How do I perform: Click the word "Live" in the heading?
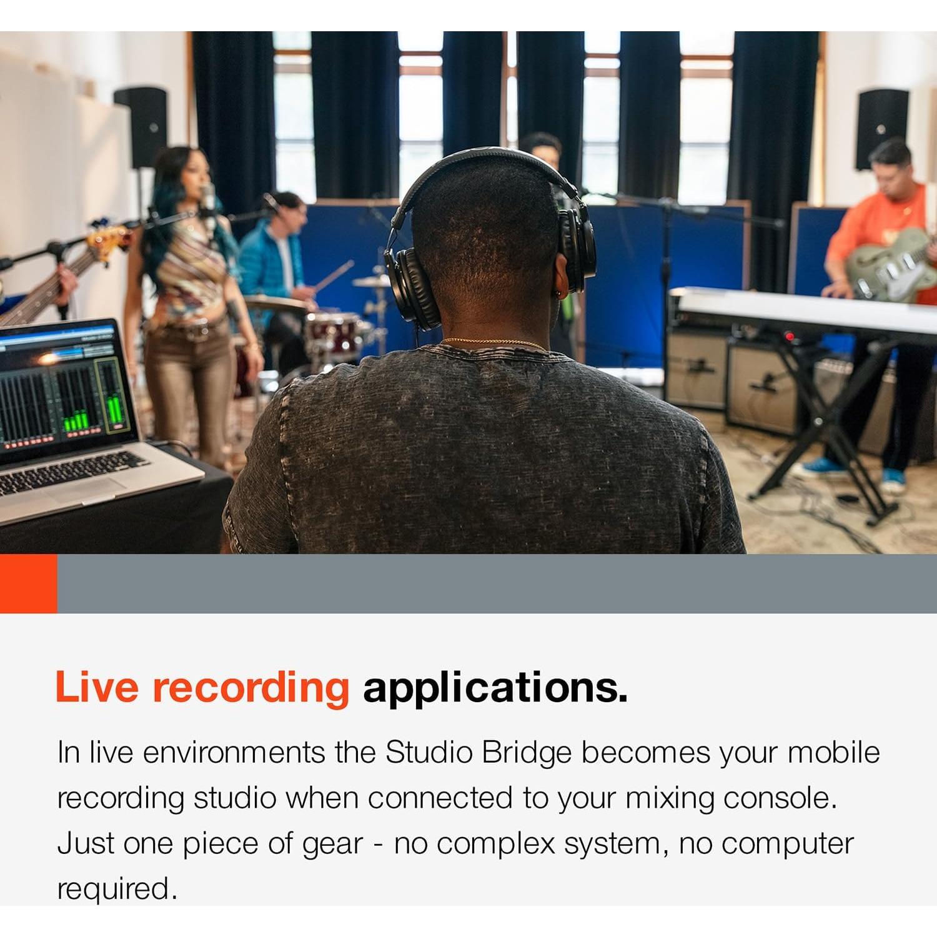click(x=97, y=687)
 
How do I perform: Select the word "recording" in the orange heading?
click(x=251, y=688)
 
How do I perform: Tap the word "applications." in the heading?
click(x=495, y=688)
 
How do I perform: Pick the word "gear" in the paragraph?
click(x=332, y=845)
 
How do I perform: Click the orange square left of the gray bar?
click(x=28, y=583)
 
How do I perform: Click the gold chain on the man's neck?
click(x=493, y=342)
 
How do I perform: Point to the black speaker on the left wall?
click(x=141, y=126)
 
